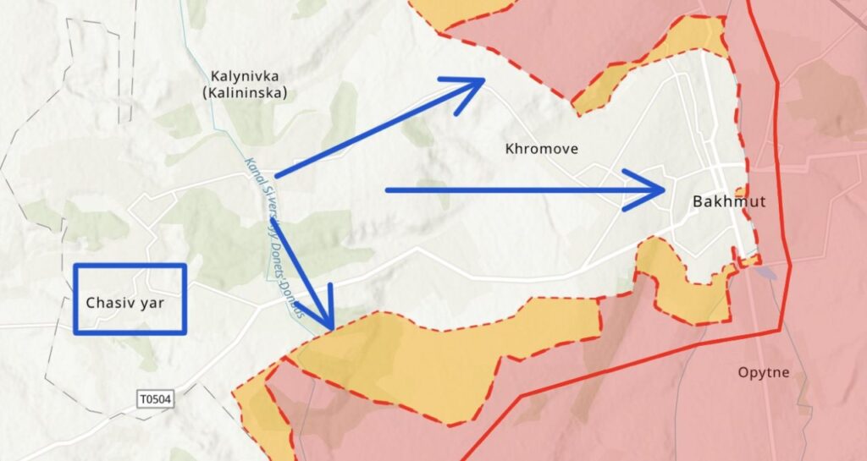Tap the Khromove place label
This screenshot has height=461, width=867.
[541, 150]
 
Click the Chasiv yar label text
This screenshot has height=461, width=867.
[128, 302]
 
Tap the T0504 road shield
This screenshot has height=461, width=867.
[156, 398]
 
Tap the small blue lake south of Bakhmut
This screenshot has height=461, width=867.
[767, 273]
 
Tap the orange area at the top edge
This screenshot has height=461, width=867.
[457, 10]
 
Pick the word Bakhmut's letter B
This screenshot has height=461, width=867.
[697, 202]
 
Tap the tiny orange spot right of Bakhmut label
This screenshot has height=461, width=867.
[742, 191]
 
